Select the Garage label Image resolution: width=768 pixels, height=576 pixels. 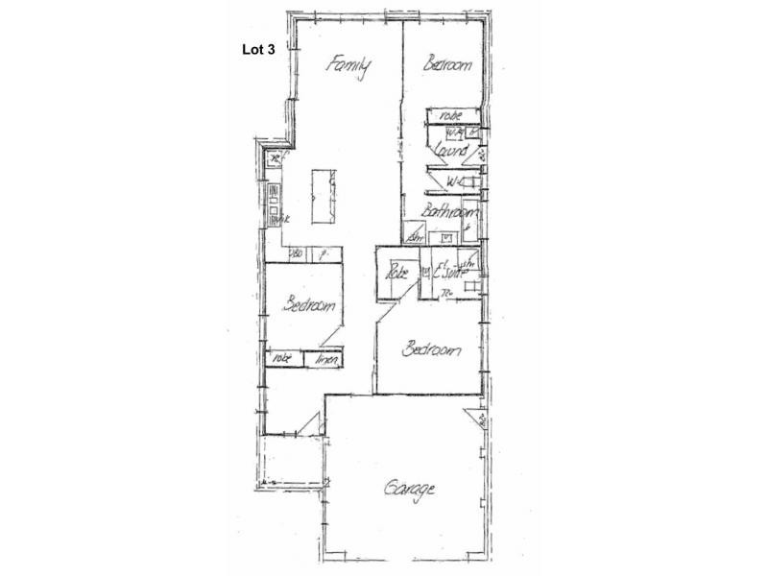pos(410,489)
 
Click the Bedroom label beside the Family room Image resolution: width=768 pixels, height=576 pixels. pos(448,65)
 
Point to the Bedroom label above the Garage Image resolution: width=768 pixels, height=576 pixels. pos(431,350)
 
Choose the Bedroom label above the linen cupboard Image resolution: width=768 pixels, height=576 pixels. pos(309,306)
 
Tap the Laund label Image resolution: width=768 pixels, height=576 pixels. pos(451,152)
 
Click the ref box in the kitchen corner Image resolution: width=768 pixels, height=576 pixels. pos(277,158)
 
